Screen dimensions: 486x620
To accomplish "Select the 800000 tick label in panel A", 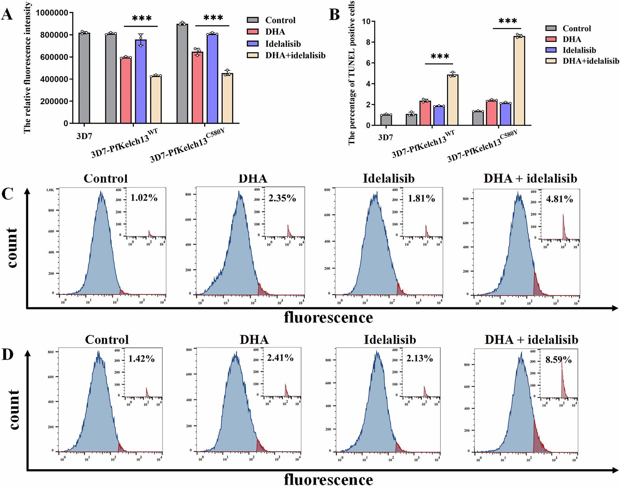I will coord(54,35).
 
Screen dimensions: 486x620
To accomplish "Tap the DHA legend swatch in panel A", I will coord(253,32).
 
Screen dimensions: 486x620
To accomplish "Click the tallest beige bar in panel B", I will coord(519,81).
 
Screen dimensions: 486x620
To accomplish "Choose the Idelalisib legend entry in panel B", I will coord(579,50).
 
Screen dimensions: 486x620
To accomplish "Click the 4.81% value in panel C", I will coord(559,199).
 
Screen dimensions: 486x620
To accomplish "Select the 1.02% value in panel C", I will coord(144,198).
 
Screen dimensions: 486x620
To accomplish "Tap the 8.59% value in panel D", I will coord(558,360).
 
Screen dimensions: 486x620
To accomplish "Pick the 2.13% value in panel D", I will coord(419,359).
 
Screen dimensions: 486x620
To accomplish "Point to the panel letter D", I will coord(7,354).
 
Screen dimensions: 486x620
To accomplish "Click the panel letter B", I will coord(334,15).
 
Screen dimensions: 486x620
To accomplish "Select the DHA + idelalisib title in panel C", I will coord(530,179).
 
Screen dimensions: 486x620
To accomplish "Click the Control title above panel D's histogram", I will coord(107,340).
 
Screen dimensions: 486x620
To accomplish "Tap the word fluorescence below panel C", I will coord(328,317).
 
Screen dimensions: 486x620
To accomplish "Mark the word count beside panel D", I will coord(13,409).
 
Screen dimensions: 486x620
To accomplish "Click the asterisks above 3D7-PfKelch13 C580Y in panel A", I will coord(213,18).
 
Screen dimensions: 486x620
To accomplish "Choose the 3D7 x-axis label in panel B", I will coord(385,137).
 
